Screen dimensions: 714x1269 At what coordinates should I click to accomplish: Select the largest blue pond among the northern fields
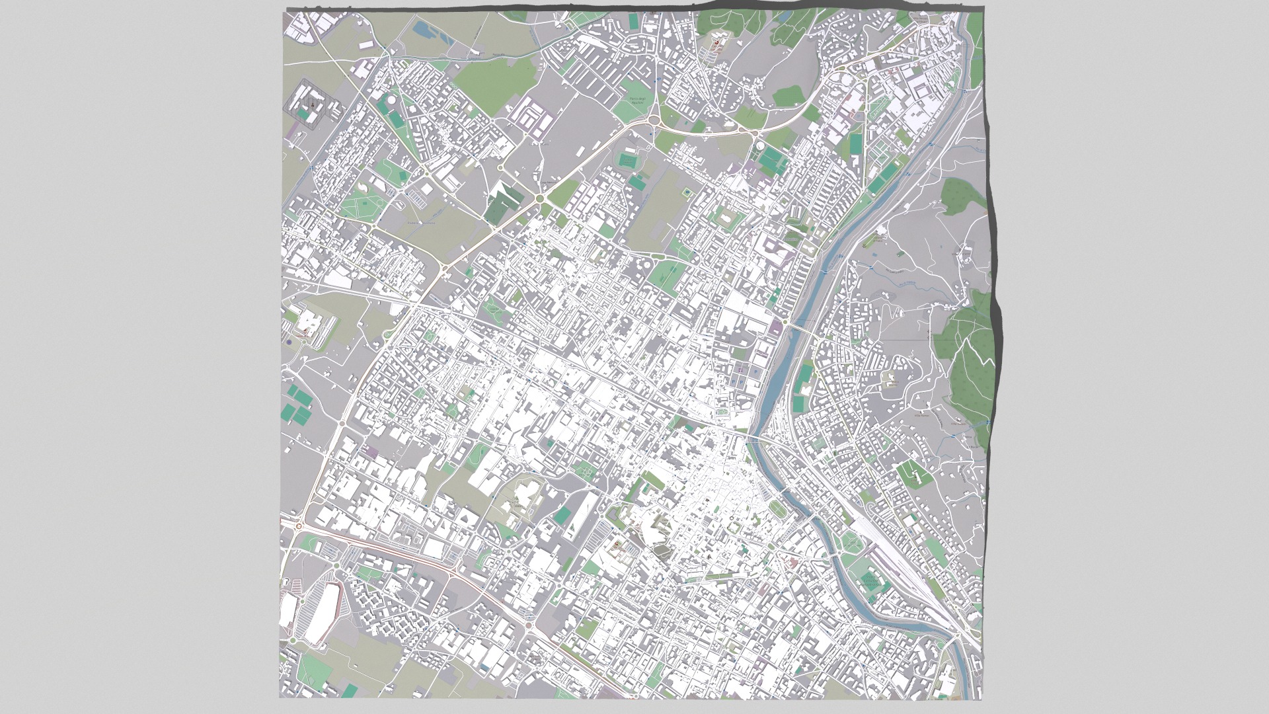tap(420, 28)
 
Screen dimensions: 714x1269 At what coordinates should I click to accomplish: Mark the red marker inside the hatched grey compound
tap(309, 104)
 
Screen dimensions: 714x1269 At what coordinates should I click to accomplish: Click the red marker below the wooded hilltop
tap(716, 41)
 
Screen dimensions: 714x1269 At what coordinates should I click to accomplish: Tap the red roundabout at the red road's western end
tap(299, 526)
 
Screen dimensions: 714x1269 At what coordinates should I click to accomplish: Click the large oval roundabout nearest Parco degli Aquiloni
tap(655, 120)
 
